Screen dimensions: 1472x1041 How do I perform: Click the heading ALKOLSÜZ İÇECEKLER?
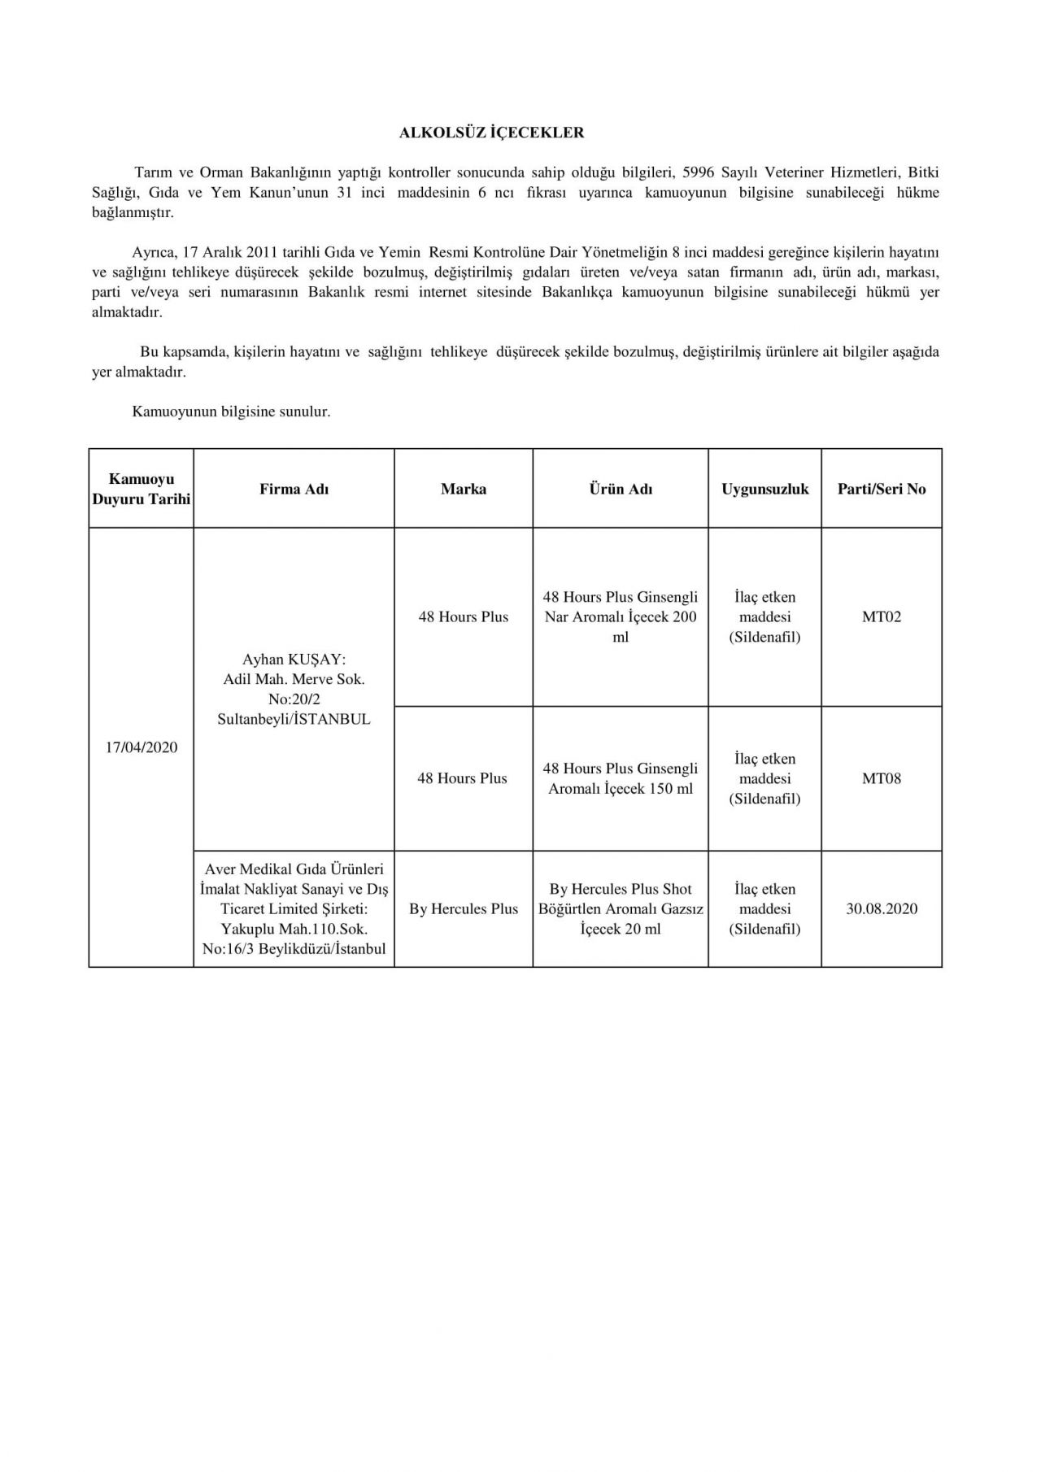point(491,133)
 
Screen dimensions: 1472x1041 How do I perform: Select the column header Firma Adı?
point(294,489)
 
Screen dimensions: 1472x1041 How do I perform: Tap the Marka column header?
point(464,489)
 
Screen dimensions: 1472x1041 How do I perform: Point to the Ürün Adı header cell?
point(621,489)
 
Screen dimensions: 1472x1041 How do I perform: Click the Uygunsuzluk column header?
point(764,489)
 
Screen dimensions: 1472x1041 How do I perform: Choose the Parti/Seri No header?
point(882,489)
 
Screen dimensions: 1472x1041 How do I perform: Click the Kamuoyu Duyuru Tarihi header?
point(142,489)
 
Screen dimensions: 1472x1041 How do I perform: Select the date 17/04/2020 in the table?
point(142,747)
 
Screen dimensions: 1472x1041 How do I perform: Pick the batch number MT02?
point(882,616)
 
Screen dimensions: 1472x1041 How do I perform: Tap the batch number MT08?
point(882,778)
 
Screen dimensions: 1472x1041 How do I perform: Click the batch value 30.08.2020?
point(882,908)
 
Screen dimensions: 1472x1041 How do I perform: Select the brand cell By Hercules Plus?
point(464,908)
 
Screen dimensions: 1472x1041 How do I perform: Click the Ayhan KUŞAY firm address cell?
point(294,689)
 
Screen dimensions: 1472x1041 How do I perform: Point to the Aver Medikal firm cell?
point(294,908)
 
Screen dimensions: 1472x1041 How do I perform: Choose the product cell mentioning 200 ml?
point(621,616)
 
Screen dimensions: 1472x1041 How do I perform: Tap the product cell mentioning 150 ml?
point(621,778)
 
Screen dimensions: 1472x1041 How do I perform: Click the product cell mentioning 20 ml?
point(621,908)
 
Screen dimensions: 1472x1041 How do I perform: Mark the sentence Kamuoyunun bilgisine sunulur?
point(231,412)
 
